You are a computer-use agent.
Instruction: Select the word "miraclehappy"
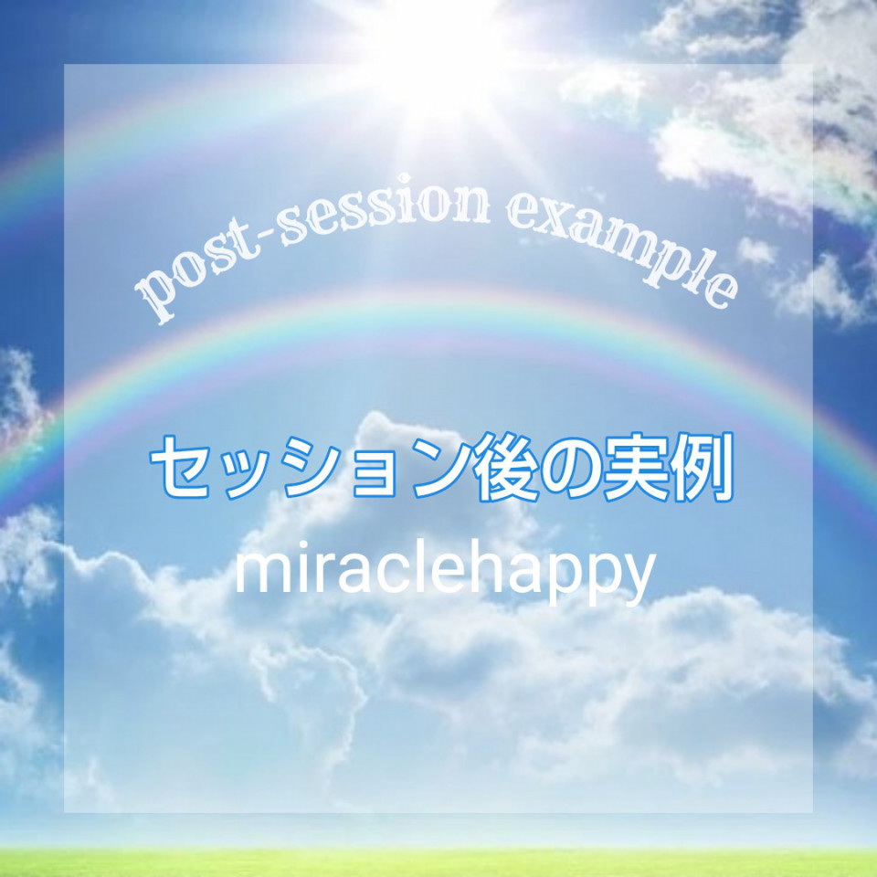click(x=445, y=569)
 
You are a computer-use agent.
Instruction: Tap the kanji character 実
click(x=632, y=467)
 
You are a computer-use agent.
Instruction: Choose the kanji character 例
click(x=699, y=468)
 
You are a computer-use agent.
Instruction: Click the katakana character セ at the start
click(x=183, y=467)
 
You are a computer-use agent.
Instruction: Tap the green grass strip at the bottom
click(x=438, y=862)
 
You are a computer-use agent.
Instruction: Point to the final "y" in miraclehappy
click(x=639, y=582)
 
